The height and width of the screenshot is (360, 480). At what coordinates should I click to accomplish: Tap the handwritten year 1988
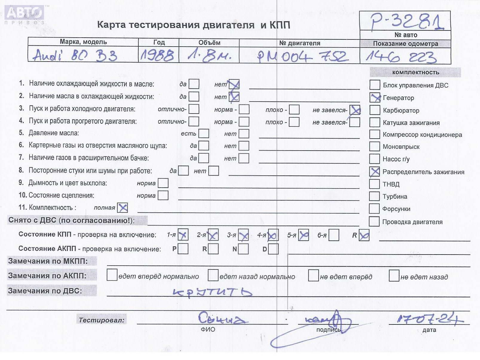[157, 55]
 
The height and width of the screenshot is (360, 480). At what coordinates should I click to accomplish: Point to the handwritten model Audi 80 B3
[75, 55]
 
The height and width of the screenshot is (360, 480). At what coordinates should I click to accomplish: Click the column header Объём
[209, 42]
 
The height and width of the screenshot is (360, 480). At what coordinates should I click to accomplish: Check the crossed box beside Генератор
[375, 97]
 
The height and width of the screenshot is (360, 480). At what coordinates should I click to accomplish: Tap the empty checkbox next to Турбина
[374, 196]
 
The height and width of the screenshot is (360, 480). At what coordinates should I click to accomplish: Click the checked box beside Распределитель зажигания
[374, 171]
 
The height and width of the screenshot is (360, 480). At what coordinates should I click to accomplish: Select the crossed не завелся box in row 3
[355, 110]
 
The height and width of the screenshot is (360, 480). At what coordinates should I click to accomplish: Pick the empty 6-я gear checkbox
[334, 235]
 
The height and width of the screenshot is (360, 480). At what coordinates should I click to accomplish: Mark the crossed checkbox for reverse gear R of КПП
[364, 235]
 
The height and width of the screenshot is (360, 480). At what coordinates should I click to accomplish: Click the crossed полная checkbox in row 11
[122, 208]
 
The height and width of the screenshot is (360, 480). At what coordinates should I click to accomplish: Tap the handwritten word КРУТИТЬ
[213, 292]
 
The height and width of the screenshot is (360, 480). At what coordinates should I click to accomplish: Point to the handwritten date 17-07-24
[429, 319]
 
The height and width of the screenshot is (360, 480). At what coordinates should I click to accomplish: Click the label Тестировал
[101, 320]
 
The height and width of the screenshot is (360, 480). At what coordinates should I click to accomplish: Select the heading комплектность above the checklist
[415, 72]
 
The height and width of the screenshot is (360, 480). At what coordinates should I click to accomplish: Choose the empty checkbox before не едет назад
[394, 275]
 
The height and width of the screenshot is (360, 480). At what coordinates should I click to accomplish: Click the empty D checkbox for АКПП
[273, 249]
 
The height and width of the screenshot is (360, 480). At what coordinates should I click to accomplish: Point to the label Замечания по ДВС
[45, 291]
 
